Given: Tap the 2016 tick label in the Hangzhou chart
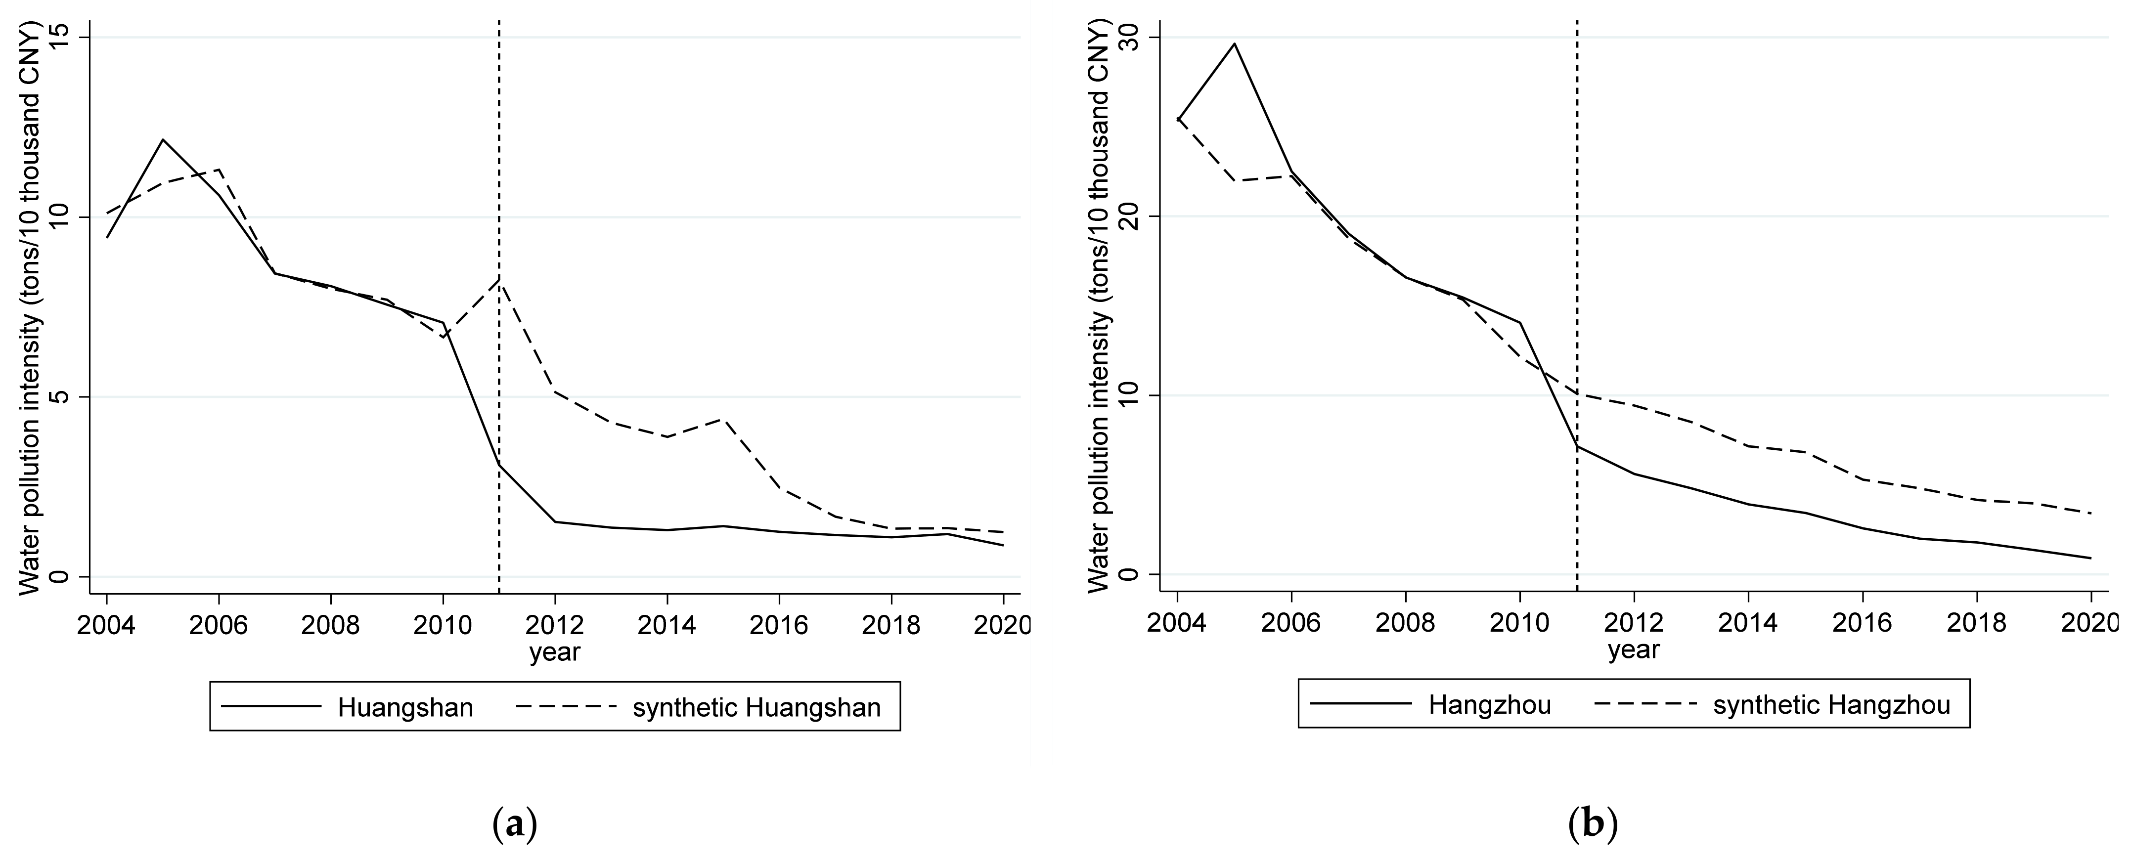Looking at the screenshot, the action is pyautogui.click(x=1862, y=622).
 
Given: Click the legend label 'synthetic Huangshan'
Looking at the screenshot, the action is pyautogui.click(x=756, y=707).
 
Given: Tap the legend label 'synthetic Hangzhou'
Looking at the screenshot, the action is pyautogui.click(x=1831, y=705).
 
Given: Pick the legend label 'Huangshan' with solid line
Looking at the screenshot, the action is pyautogui.click(x=405, y=707).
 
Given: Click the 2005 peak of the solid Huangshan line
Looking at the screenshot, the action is pyautogui.click(x=163, y=140).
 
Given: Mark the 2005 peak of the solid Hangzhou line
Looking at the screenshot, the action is pyautogui.click(x=1234, y=43).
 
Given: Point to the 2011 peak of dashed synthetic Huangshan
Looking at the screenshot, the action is pyautogui.click(x=499, y=280).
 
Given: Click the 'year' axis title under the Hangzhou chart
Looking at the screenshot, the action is pyautogui.click(x=1633, y=650).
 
